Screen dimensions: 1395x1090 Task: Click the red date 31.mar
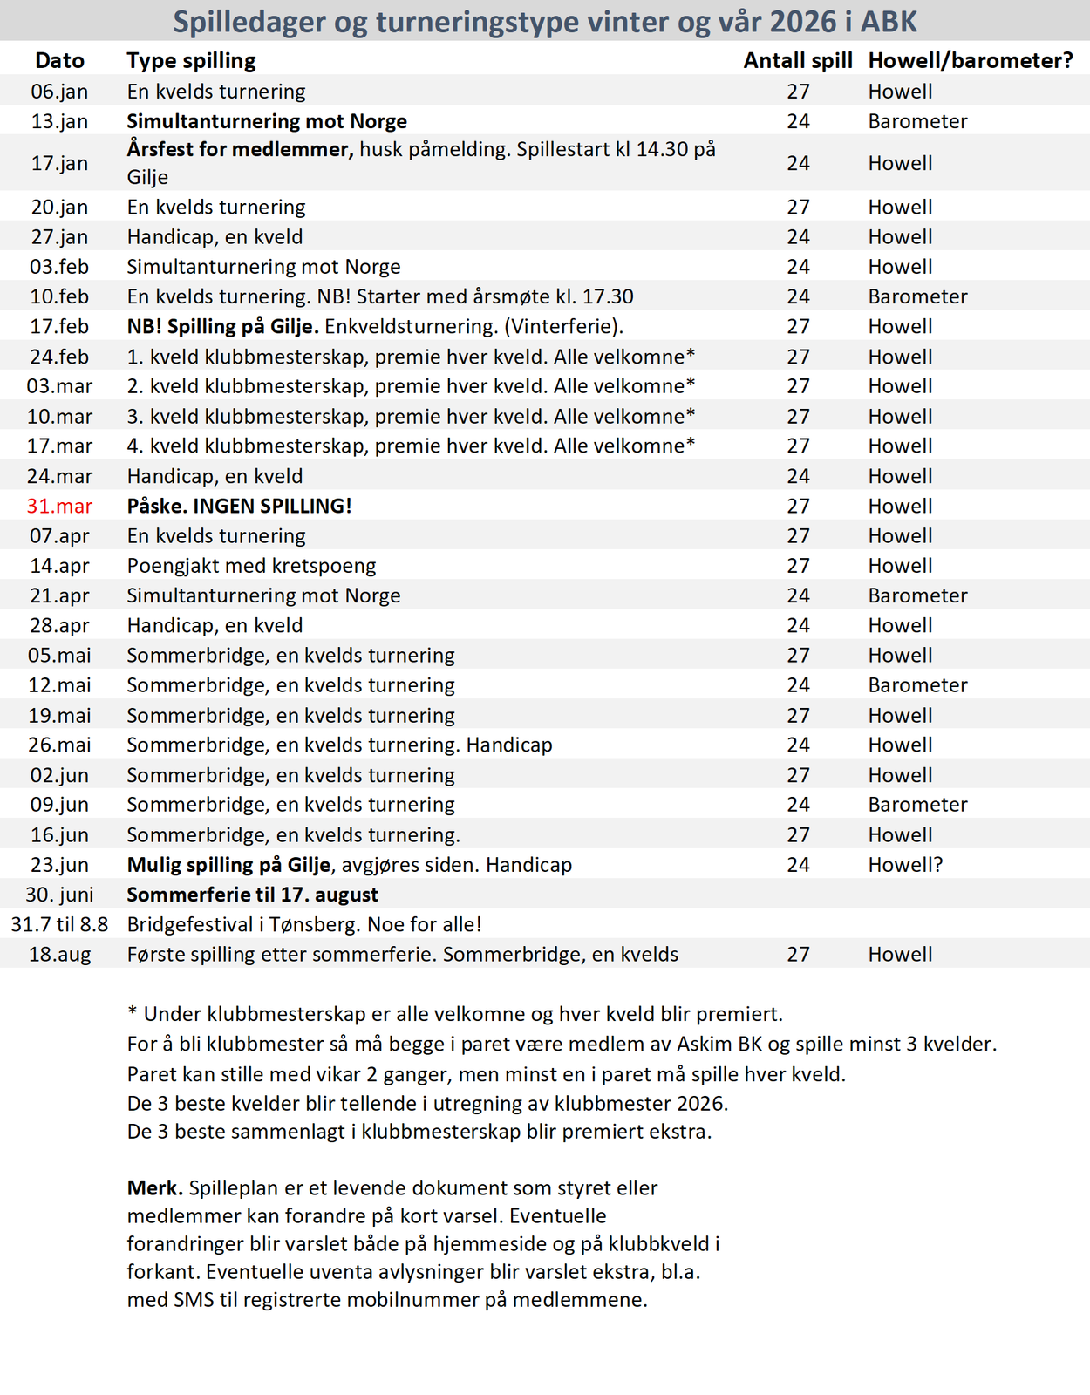pos(59,506)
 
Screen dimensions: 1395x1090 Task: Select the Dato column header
pos(59,60)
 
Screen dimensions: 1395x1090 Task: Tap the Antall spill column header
pos(797,60)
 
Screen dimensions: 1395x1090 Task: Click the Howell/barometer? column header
pos(970,60)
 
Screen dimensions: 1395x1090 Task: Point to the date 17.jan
pos(59,163)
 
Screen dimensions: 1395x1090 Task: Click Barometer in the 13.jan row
pos(917,121)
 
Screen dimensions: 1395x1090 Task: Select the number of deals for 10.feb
pos(798,296)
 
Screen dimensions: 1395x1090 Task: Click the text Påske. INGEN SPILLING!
pos(239,506)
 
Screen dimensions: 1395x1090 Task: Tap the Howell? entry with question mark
pos(905,865)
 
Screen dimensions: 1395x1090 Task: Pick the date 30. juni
pos(59,895)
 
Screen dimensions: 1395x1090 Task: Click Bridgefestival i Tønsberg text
pos(304,924)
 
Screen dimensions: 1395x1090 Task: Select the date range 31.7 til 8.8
pos(59,924)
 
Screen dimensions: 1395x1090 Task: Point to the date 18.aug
pos(59,954)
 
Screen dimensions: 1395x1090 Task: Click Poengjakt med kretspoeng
pos(251,566)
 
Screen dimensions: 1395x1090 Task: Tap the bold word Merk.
pos(154,1187)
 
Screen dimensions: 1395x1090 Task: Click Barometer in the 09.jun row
pos(917,805)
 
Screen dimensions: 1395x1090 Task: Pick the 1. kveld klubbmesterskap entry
pos(411,357)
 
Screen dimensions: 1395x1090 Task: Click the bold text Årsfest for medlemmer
pos(240,149)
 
